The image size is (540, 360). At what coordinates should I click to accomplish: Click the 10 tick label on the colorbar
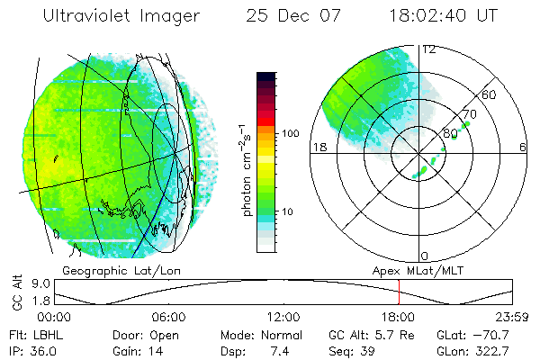290,212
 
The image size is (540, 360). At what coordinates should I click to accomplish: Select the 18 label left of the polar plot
318,148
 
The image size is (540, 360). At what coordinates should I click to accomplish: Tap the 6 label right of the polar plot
523,148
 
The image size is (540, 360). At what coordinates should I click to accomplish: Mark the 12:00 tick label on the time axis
283,318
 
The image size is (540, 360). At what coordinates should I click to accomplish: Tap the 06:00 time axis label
168,318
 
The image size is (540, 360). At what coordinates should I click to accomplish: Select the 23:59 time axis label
511,318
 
